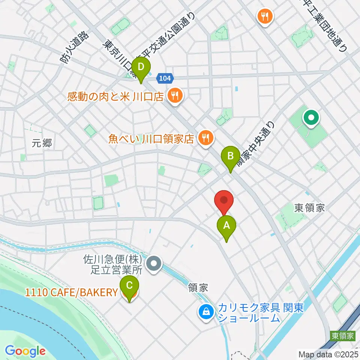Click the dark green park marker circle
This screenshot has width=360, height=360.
coord(311,118)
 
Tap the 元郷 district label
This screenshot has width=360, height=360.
coord(42,143)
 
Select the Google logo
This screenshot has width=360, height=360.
coord(25,351)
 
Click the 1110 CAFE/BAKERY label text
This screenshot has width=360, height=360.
coord(71,292)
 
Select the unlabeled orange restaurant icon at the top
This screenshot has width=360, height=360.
coord(265,16)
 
